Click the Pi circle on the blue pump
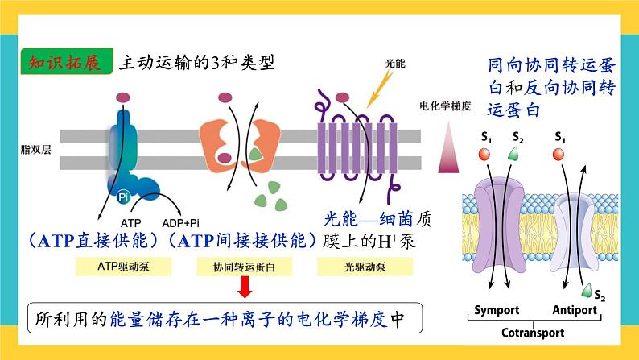click(x=123, y=196)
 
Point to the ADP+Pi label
click(x=183, y=221)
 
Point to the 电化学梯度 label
click(x=445, y=106)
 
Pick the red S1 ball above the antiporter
click(x=560, y=154)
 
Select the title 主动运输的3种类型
click(x=196, y=63)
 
